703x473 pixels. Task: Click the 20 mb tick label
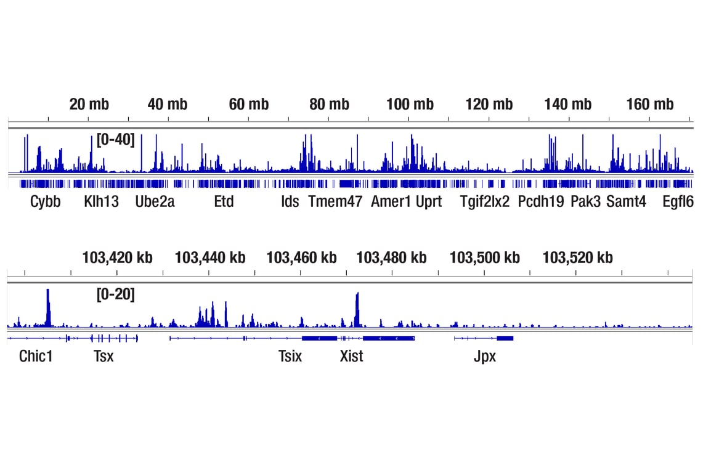pos(89,104)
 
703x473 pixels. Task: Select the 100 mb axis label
pos(410,104)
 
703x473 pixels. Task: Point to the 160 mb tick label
pos(650,104)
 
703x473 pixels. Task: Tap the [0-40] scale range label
pos(115,140)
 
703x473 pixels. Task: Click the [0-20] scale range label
pos(115,295)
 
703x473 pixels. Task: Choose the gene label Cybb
pos(46,201)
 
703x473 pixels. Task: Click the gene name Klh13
pos(102,201)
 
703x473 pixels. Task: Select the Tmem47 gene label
pos(335,201)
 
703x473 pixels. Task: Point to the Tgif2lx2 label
pos(485,201)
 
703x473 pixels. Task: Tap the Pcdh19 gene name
pos(541,201)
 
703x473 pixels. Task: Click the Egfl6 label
pos(678,201)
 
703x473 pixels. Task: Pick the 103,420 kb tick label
pos(117,257)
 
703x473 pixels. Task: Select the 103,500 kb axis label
pos(484,257)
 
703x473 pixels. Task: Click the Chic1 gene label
pos(36,356)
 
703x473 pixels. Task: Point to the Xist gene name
pos(352,356)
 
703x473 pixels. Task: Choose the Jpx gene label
pos(485,356)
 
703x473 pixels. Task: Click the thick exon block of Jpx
pos(505,338)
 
